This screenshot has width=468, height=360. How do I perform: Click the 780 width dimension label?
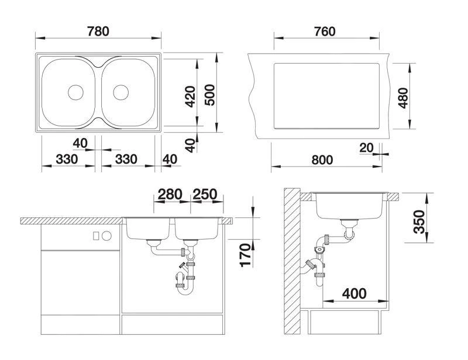[98, 32]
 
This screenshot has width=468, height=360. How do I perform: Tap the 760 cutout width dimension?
[325, 32]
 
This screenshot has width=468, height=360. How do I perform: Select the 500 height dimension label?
[210, 95]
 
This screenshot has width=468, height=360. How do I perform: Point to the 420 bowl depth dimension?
[190, 96]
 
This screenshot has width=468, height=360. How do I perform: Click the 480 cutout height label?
[403, 98]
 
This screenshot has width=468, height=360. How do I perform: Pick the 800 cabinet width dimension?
[322, 160]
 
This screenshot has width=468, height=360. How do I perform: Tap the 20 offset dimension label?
[367, 148]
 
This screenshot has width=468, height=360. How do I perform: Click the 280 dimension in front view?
[170, 195]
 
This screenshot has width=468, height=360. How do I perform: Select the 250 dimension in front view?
[205, 195]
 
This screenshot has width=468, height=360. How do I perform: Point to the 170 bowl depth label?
[245, 255]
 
